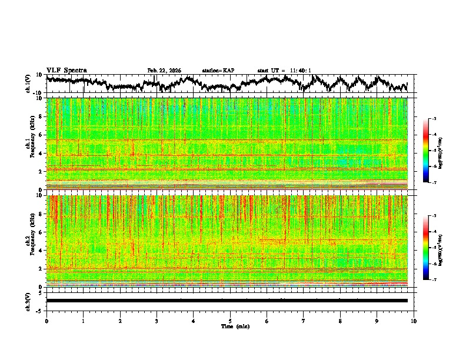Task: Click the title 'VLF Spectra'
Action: pyautogui.click(x=66, y=71)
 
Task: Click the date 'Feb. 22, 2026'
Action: pyautogui.click(x=164, y=71)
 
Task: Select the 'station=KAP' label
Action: pyautogui.click(x=218, y=71)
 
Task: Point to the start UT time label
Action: pyautogui.click(x=284, y=71)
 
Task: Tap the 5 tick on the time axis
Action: pyautogui.click(x=230, y=321)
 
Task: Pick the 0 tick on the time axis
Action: pyautogui.click(x=46, y=321)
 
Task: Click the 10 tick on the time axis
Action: pyautogui.click(x=414, y=321)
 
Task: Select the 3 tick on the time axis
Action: pyautogui.click(x=157, y=321)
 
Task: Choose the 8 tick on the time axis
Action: pyautogui.click(x=340, y=321)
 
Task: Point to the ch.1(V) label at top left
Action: pyautogui.click(x=28, y=84)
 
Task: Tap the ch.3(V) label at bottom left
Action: pyautogui.click(x=28, y=301)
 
